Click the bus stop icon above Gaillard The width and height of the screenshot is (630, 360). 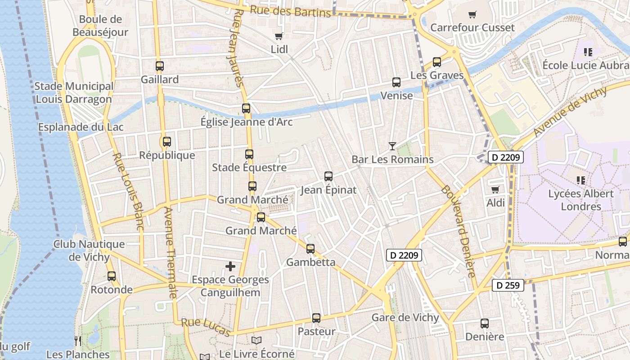coord(159,66)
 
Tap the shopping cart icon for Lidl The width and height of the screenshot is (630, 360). coord(279,36)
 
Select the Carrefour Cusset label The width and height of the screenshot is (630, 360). coord(472,27)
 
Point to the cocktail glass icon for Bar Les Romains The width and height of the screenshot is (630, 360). coord(392,146)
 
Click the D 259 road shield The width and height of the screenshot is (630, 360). coord(508,285)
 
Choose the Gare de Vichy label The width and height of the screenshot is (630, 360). coord(405,317)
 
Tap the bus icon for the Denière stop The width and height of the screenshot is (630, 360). coord(485,323)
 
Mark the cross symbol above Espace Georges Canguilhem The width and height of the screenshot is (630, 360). coord(230,266)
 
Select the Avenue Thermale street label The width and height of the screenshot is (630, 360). coord(169,252)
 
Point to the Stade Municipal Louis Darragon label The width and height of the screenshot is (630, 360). coord(74,93)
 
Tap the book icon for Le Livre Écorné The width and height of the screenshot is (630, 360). coord(256,341)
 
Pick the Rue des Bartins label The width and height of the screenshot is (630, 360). coord(290,11)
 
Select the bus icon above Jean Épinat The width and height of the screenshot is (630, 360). coord(328,176)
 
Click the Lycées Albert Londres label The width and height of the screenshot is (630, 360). coord(580,200)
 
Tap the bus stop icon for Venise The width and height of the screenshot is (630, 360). coord(396,82)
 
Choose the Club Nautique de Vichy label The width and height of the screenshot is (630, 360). coord(89,251)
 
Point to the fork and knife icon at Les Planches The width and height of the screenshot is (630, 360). coord(78,341)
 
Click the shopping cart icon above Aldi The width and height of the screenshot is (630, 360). coord(495,189)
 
